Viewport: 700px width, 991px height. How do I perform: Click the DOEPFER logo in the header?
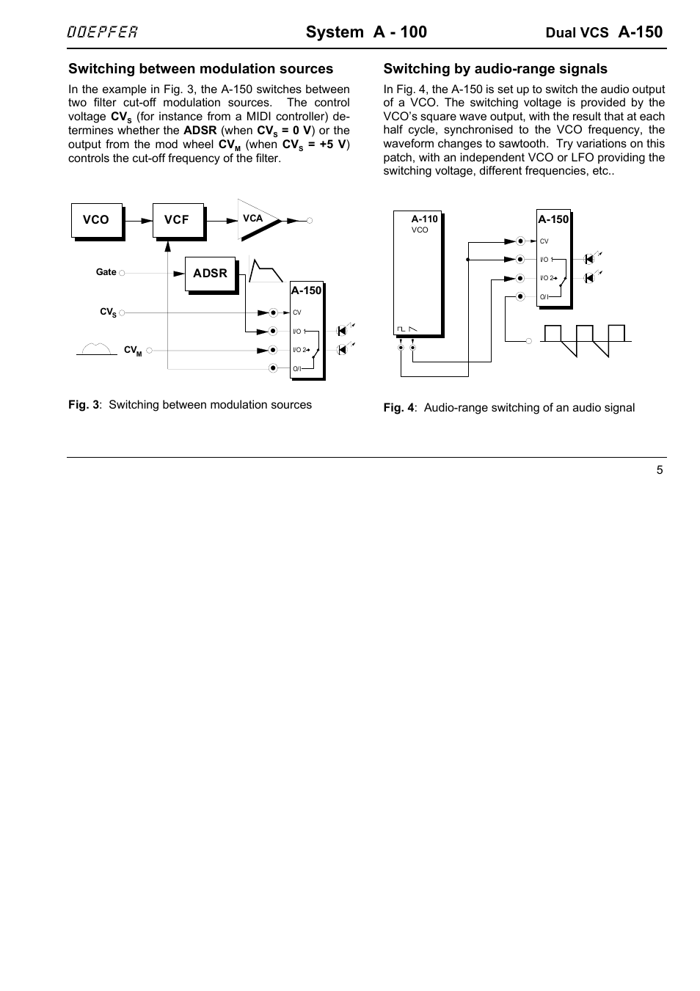pyautogui.click(x=103, y=32)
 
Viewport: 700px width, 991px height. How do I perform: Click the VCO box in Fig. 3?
pyautogui.click(x=96, y=220)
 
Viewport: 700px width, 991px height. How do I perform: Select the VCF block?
pyautogui.click(x=177, y=220)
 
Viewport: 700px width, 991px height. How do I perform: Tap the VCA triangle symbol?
pyautogui.click(x=258, y=219)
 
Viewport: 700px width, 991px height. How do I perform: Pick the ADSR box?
pyautogui.click(x=210, y=273)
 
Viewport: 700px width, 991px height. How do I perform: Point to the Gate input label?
pyautogui.click(x=106, y=272)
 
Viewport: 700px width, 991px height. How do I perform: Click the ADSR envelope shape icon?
pyautogui.click(x=266, y=271)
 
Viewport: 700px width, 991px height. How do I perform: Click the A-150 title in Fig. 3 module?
pyautogui.click(x=306, y=290)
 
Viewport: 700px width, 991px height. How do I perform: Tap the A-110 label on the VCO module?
pyautogui.click(x=424, y=219)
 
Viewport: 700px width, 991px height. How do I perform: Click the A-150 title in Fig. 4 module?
pyautogui.click(x=553, y=219)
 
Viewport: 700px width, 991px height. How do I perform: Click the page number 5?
pyautogui.click(x=660, y=470)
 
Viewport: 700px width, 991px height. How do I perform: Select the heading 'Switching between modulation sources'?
pyautogui.click(x=200, y=69)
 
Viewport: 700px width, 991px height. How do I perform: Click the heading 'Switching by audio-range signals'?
pyautogui.click(x=495, y=69)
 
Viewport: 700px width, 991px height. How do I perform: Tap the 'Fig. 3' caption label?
pyautogui.click(x=84, y=405)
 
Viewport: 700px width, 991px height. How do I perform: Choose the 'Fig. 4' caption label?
pyautogui.click(x=398, y=408)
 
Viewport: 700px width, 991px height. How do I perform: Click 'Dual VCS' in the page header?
pyautogui.click(x=577, y=33)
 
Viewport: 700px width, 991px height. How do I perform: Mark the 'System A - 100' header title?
pyautogui.click(x=366, y=32)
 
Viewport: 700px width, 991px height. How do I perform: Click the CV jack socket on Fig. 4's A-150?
pyautogui.click(x=520, y=241)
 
